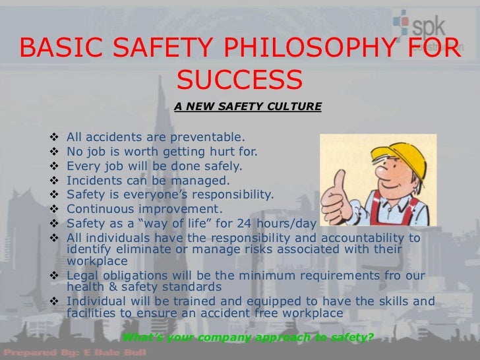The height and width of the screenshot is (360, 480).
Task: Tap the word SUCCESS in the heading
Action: (240, 80)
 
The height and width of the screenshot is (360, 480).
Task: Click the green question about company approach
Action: (249, 338)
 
